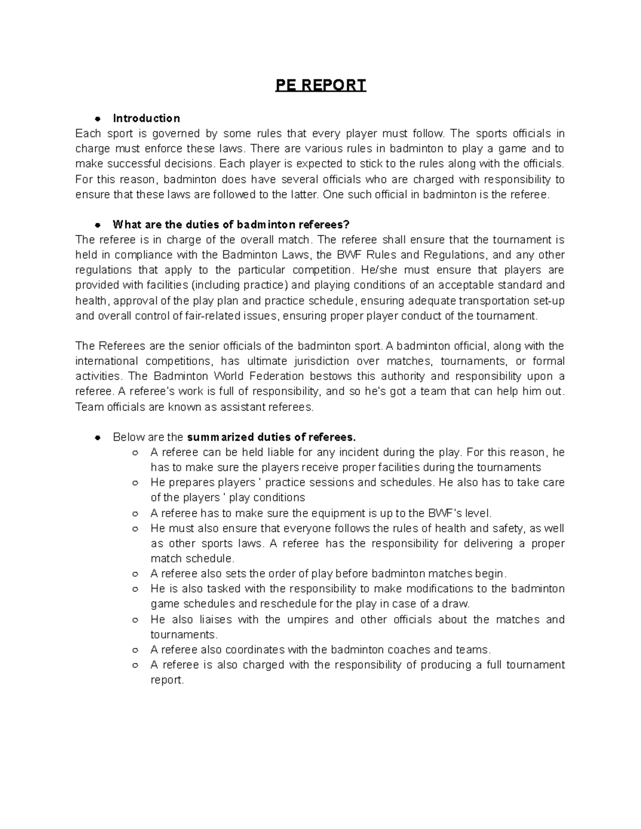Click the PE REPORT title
click(x=320, y=85)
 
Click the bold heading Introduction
click(x=146, y=118)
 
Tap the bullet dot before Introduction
click(x=98, y=118)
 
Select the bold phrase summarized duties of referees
click(x=271, y=437)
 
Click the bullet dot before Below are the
click(x=98, y=437)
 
